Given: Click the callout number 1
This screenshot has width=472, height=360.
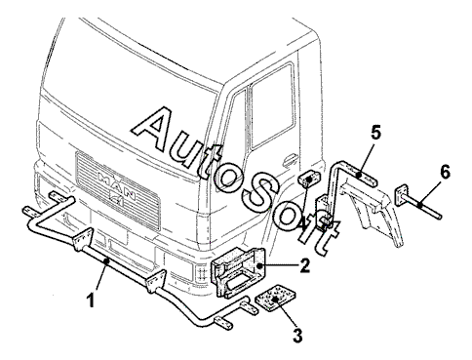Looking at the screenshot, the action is [x=92, y=300].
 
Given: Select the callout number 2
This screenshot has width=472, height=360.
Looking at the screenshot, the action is [x=304, y=265].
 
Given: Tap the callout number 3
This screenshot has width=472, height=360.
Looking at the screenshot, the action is [x=297, y=336].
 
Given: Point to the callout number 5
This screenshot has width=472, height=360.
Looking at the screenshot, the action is [x=375, y=133].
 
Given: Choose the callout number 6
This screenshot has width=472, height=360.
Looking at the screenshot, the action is [x=445, y=172].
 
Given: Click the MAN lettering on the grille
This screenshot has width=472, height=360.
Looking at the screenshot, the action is [x=117, y=187].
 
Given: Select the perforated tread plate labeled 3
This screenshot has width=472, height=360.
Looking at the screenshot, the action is [x=275, y=299].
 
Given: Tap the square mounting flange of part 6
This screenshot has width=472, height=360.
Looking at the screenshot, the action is [x=402, y=195].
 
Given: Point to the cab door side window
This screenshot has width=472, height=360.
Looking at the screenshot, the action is [x=272, y=106].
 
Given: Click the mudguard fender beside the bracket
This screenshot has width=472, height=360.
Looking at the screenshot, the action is [x=373, y=212].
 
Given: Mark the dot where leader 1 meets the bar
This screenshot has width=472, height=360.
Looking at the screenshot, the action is [x=106, y=260].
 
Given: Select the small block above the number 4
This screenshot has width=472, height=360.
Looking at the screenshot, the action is [x=309, y=180].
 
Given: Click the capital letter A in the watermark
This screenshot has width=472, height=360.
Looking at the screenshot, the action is [x=156, y=129].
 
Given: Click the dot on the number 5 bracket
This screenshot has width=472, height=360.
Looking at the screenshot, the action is [x=359, y=176].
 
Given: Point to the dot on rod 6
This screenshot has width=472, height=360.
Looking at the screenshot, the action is [x=420, y=205].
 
